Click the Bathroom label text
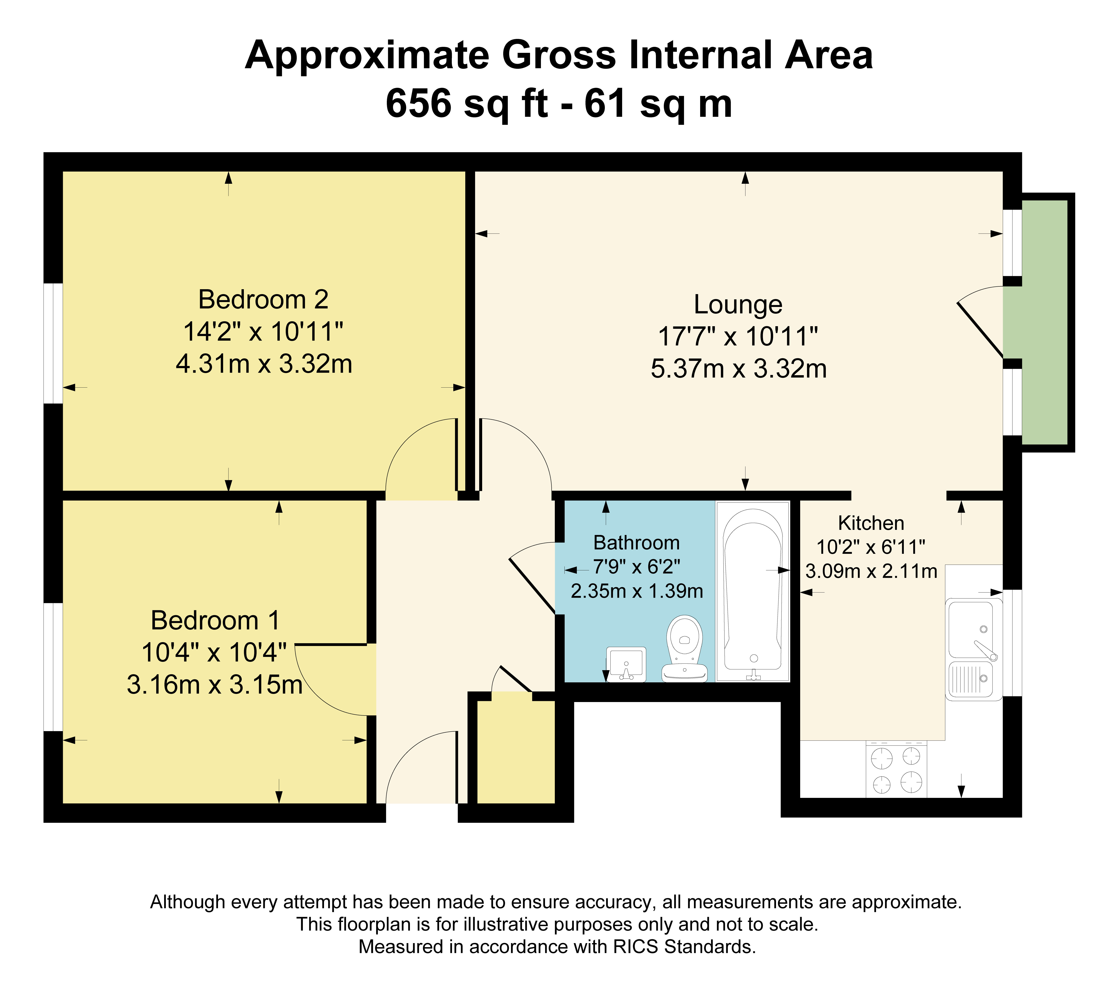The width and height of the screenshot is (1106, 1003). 636,543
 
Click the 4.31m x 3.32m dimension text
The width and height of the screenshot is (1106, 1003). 264,364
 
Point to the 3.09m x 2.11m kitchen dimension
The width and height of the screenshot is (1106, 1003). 871,572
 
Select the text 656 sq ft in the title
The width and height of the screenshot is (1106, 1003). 467,103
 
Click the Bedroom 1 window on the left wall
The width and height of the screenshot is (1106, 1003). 53,667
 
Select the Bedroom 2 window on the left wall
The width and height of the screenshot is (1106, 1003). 53,343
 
